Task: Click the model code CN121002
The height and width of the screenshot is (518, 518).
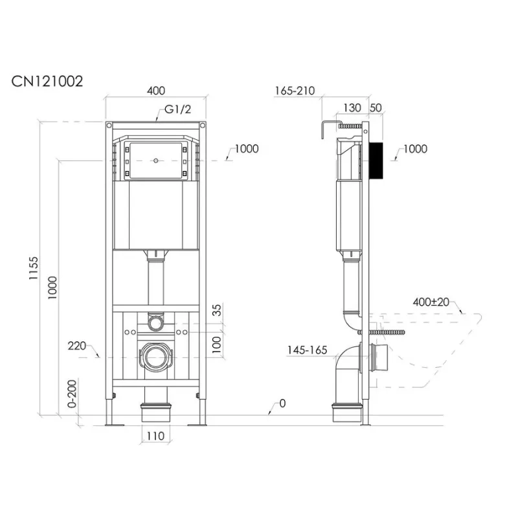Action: [x=47, y=82]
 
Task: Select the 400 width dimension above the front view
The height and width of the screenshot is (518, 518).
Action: [x=155, y=91]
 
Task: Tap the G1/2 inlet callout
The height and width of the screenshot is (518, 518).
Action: [x=177, y=109]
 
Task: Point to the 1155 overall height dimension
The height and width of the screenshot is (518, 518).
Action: [x=34, y=268]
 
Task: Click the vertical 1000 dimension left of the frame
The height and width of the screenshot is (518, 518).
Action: [x=52, y=287]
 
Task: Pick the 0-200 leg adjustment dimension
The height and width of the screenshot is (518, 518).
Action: [x=72, y=394]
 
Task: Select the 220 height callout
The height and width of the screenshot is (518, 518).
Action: [x=76, y=346]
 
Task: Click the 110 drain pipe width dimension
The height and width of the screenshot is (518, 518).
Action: [x=155, y=436]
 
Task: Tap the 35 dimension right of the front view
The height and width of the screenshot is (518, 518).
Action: [x=217, y=310]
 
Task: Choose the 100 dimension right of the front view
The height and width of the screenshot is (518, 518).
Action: [x=217, y=344]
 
